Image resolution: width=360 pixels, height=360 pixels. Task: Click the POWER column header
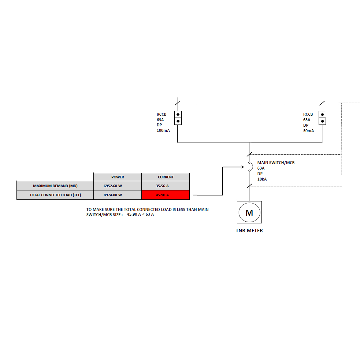(118, 177)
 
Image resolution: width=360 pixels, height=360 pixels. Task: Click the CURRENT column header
(166, 177)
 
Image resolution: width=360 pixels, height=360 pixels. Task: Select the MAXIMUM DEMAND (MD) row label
(55, 186)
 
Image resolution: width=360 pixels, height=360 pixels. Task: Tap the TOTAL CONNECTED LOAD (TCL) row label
(55, 195)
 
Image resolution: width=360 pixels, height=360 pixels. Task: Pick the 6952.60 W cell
(118, 186)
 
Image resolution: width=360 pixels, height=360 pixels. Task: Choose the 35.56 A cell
(166, 186)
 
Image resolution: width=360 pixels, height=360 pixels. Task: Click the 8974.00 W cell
(118, 195)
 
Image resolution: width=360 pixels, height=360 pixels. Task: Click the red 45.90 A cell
(166, 195)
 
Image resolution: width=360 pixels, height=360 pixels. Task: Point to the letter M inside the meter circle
(249, 213)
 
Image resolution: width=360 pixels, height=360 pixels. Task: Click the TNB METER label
(249, 231)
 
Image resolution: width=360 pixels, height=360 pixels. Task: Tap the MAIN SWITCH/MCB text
(276, 163)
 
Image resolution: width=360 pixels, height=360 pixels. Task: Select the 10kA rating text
(262, 179)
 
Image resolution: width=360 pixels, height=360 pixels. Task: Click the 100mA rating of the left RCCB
(163, 131)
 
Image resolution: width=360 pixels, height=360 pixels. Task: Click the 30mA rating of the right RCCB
(308, 131)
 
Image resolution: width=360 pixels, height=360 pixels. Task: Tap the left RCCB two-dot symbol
(178, 118)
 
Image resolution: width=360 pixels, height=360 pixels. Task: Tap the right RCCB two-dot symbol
(322, 118)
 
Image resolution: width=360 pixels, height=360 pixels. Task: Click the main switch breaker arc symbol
(250, 167)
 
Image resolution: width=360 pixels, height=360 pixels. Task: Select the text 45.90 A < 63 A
(140, 215)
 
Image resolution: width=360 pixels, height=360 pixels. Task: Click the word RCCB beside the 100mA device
(162, 114)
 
